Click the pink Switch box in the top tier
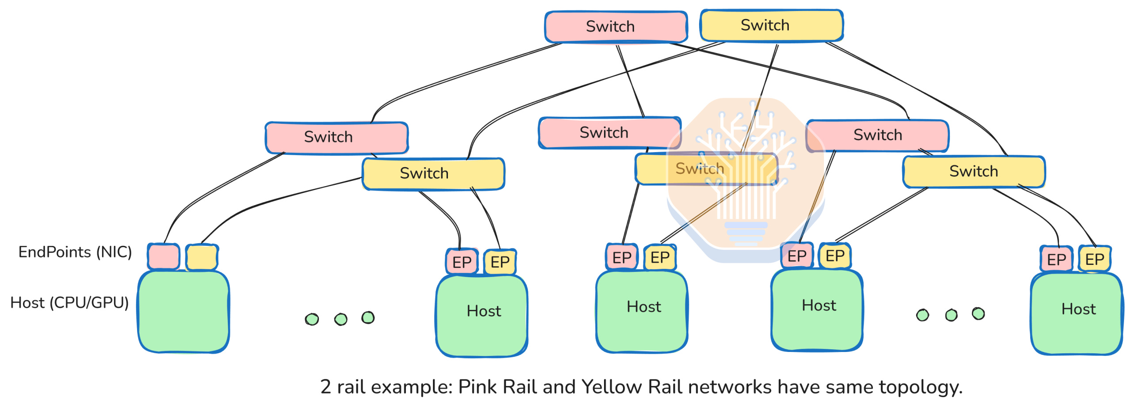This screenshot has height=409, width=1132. tap(616, 27)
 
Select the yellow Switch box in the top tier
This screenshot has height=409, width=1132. tap(771, 25)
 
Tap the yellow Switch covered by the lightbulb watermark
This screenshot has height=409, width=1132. tap(706, 168)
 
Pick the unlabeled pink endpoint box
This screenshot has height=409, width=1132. tap(164, 256)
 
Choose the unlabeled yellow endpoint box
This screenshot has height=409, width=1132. tap(202, 257)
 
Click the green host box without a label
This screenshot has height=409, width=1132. tap(184, 312)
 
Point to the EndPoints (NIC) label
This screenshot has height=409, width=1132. tap(75, 252)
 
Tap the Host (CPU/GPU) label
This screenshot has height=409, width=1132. tap(69, 303)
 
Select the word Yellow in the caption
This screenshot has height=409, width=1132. tap(612, 387)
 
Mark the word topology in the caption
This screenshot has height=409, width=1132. tap(921, 388)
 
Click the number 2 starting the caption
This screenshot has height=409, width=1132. tap(325, 387)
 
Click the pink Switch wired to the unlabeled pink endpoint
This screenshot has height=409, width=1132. tap(337, 138)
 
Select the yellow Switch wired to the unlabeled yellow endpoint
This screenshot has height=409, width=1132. tap(433, 174)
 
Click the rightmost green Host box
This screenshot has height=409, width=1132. tap(1077, 313)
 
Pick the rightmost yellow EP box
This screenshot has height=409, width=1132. tap(1094, 259)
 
